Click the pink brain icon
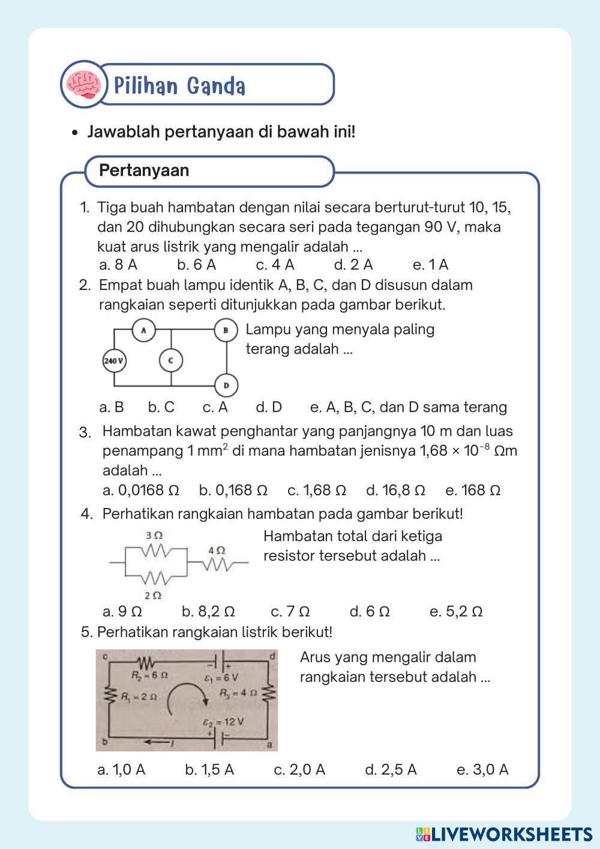click(x=83, y=85)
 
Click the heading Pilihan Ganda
click(x=180, y=86)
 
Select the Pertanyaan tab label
click(x=144, y=171)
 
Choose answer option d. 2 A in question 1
click(x=353, y=265)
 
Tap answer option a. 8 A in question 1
click(x=118, y=265)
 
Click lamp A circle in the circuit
click(x=143, y=330)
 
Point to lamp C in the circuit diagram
click(x=170, y=360)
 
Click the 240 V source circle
click(x=114, y=361)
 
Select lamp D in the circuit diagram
click(x=226, y=385)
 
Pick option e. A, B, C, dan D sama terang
click(x=408, y=407)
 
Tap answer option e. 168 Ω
click(x=473, y=491)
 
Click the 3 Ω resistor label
click(x=154, y=535)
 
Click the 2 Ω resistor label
click(x=153, y=595)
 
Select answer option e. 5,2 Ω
click(x=456, y=612)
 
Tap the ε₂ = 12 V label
click(x=223, y=722)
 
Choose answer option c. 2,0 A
click(x=299, y=770)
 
